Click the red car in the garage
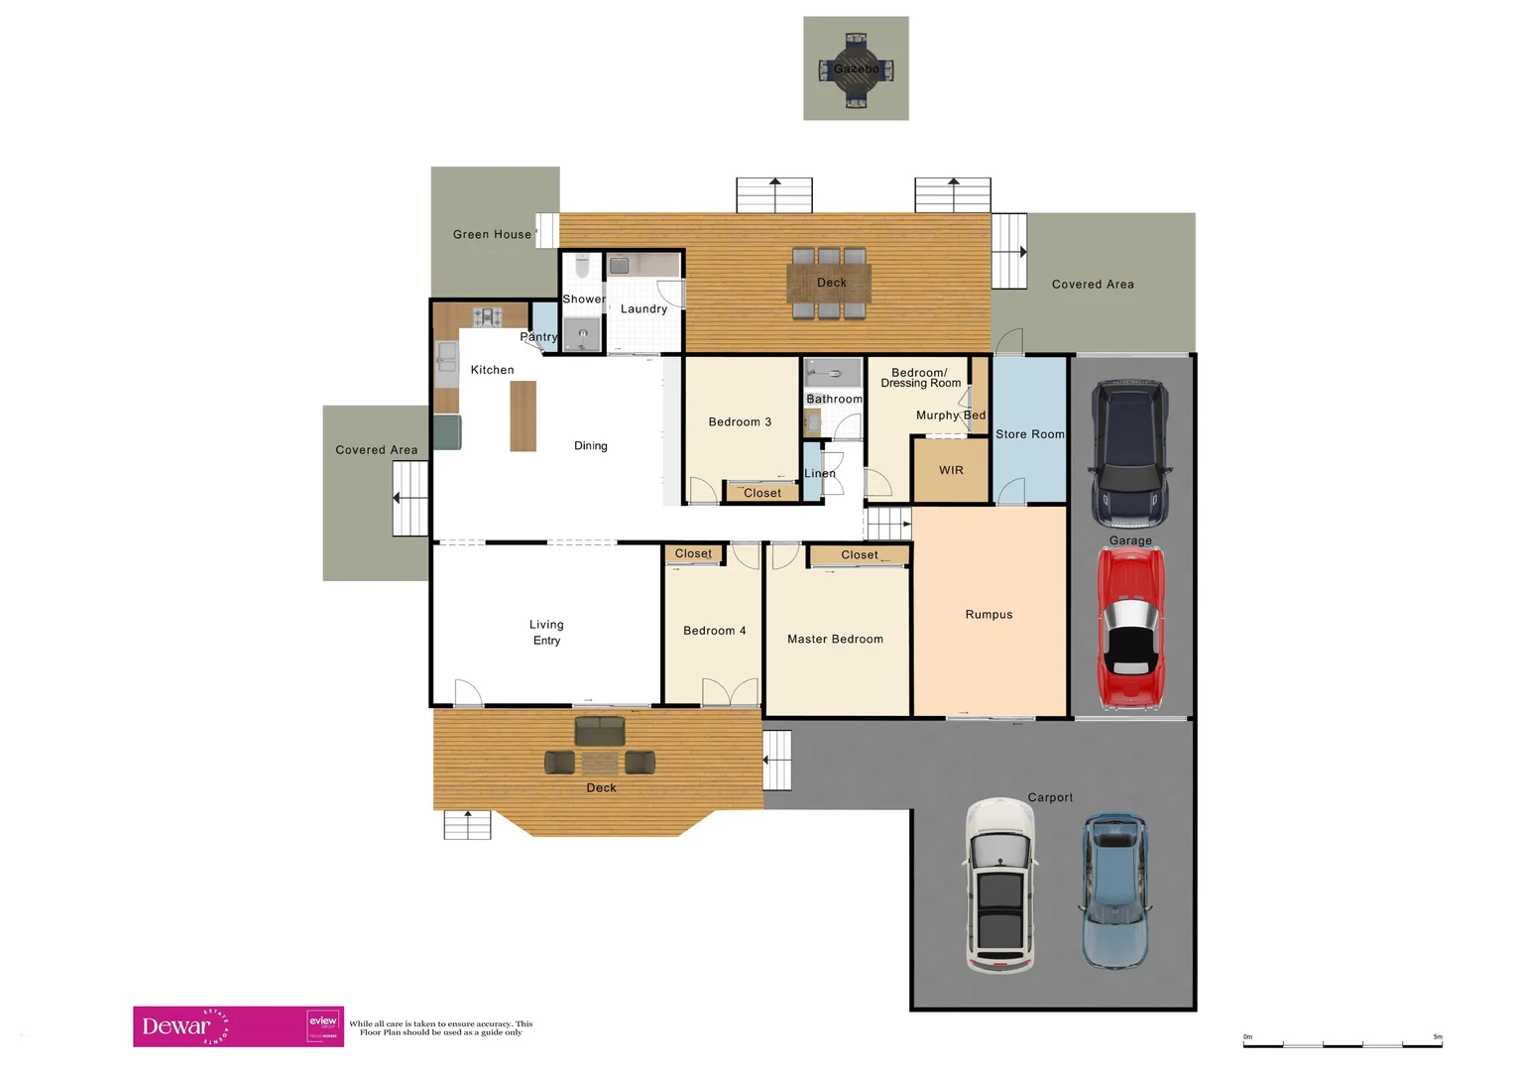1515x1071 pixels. click(x=1131, y=628)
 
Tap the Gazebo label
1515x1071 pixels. click(x=856, y=68)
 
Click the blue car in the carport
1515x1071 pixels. click(x=1114, y=891)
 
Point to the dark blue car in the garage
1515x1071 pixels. click(x=1129, y=453)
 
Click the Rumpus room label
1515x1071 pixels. click(x=989, y=615)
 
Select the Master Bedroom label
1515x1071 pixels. click(x=835, y=640)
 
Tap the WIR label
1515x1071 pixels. click(x=951, y=470)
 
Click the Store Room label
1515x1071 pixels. click(x=1029, y=434)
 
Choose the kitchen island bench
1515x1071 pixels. click(x=523, y=416)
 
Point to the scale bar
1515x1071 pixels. click(x=1342, y=1042)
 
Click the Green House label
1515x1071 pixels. click(x=492, y=235)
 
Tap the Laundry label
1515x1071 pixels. click(x=643, y=309)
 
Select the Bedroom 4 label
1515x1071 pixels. click(x=714, y=631)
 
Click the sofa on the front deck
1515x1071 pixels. click(x=600, y=732)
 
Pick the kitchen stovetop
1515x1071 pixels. click(x=487, y=317)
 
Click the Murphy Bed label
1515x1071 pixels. click(x=950, y=416)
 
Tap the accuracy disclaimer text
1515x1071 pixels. click(x=440, y=1028)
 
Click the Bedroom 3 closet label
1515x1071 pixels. click(x=761, y=493)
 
